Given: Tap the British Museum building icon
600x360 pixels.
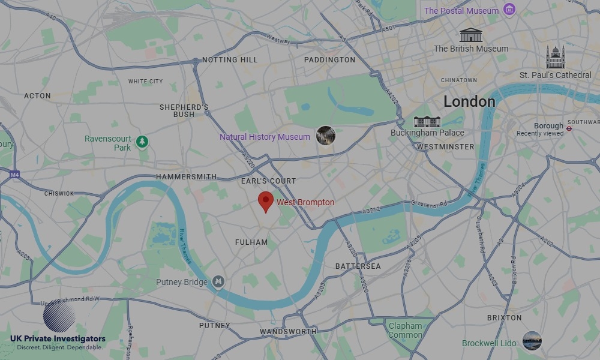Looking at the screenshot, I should (471, 35).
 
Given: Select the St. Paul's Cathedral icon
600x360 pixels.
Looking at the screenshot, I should (555, 58).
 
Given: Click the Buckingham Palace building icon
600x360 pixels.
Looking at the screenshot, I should (427, 121).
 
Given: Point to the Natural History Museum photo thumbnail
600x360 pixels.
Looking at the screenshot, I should (326, 136).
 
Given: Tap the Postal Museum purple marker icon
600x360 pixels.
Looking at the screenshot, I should (509, 10).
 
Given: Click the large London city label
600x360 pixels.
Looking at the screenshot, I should (469, 101).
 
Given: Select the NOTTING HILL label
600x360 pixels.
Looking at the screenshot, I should (230, 60).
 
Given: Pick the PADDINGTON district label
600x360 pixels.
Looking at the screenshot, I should (329, 60).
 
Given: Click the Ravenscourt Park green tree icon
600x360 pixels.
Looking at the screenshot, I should (142, 142).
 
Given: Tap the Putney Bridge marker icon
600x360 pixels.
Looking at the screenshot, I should (218, 281).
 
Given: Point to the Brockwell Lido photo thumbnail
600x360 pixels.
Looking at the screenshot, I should (532, 341).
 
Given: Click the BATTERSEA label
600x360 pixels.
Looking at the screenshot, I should (358, 266).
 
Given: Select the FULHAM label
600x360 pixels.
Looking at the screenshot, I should (251, 242).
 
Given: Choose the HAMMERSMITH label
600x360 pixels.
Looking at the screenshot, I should (186, 177).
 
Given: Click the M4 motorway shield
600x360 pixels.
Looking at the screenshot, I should (14, 175).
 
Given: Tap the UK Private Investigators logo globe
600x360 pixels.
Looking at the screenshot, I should (59, 317).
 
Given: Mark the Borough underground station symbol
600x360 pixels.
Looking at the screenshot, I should (569, 128).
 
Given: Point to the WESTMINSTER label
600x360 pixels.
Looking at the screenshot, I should (445, 146).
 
